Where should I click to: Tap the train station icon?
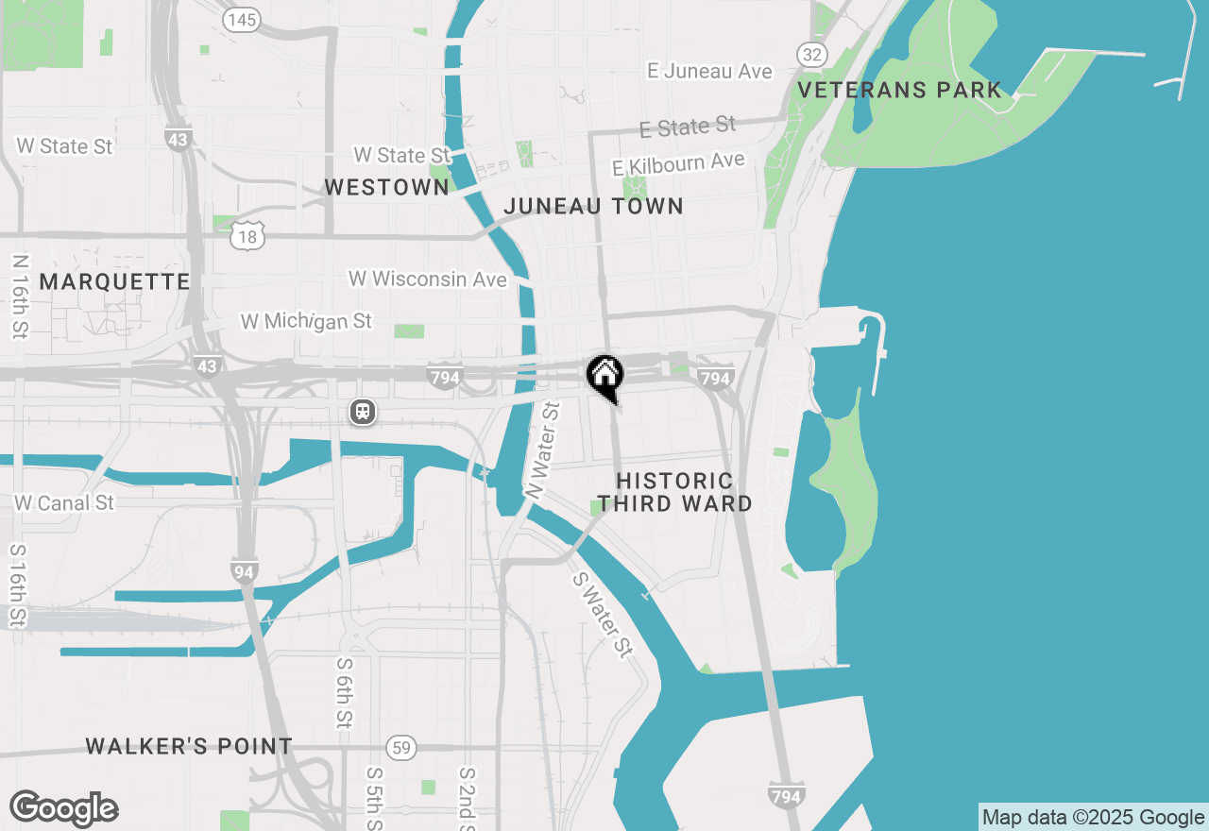coord(363,412)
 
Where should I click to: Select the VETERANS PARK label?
coord(899,91)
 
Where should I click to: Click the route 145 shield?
coord(243,20)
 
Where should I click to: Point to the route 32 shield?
coord(811,55)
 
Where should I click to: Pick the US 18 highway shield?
coord(247,235)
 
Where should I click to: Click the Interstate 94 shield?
coord(244,570)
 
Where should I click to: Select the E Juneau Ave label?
coord(709,71)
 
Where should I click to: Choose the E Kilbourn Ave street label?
coord(678,164)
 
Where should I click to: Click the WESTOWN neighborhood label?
coord(386,188)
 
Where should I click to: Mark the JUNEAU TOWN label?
coord(593,206)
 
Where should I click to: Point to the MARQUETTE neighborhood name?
coord(114,281)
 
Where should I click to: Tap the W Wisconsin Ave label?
coord(428,280)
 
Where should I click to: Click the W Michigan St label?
coord(306,322)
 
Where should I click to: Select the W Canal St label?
coord(64,502)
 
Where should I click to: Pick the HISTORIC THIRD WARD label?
coord(674,492)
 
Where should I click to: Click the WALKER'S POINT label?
coord(189,747)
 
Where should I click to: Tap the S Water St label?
coord(603,615)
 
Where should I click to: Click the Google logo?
coord(64,808)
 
